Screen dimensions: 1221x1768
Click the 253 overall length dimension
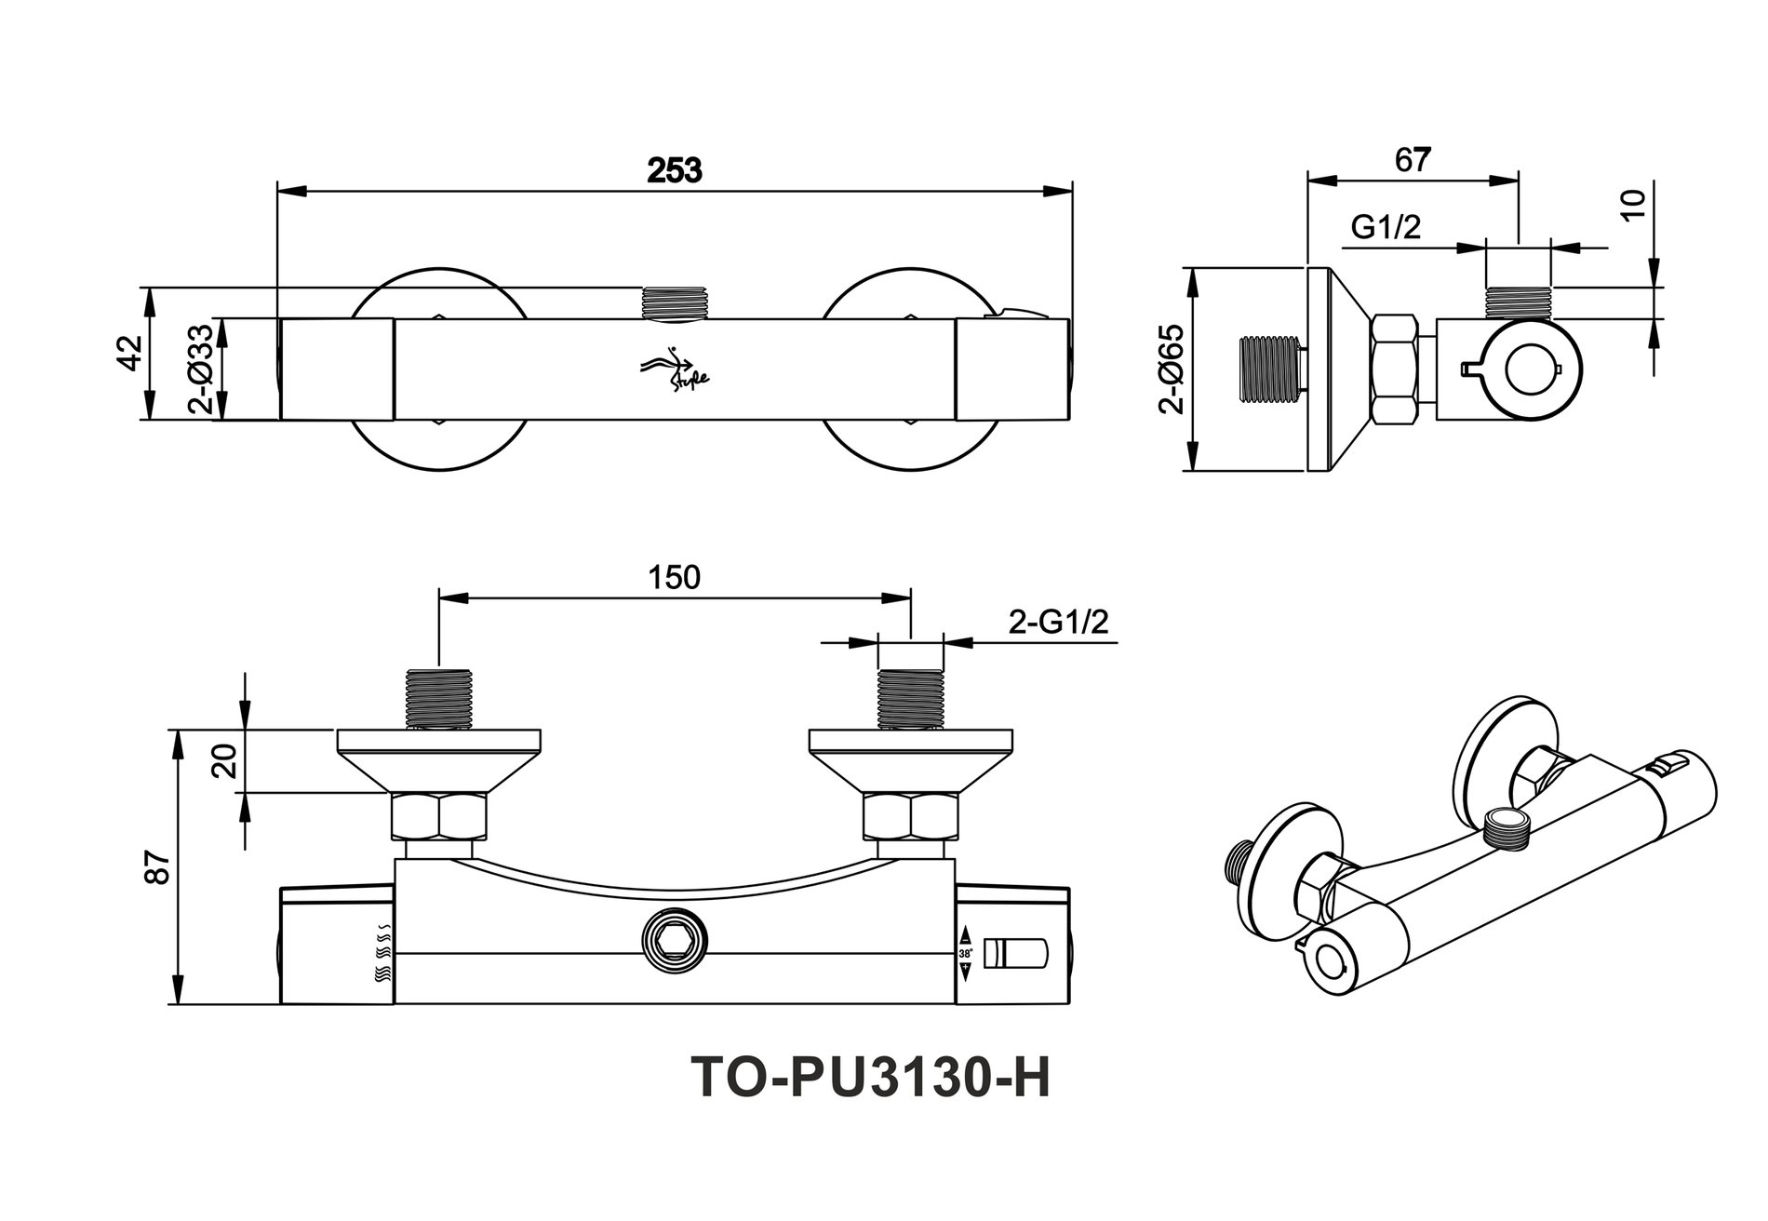(675, 171)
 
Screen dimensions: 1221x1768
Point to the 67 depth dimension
(1412, 160)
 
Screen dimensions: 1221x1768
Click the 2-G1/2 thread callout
(1059, 623)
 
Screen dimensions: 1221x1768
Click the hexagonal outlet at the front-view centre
(675, 949)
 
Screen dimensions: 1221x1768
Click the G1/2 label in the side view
(1386, 227)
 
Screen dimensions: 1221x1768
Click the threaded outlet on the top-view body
(676, 302)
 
